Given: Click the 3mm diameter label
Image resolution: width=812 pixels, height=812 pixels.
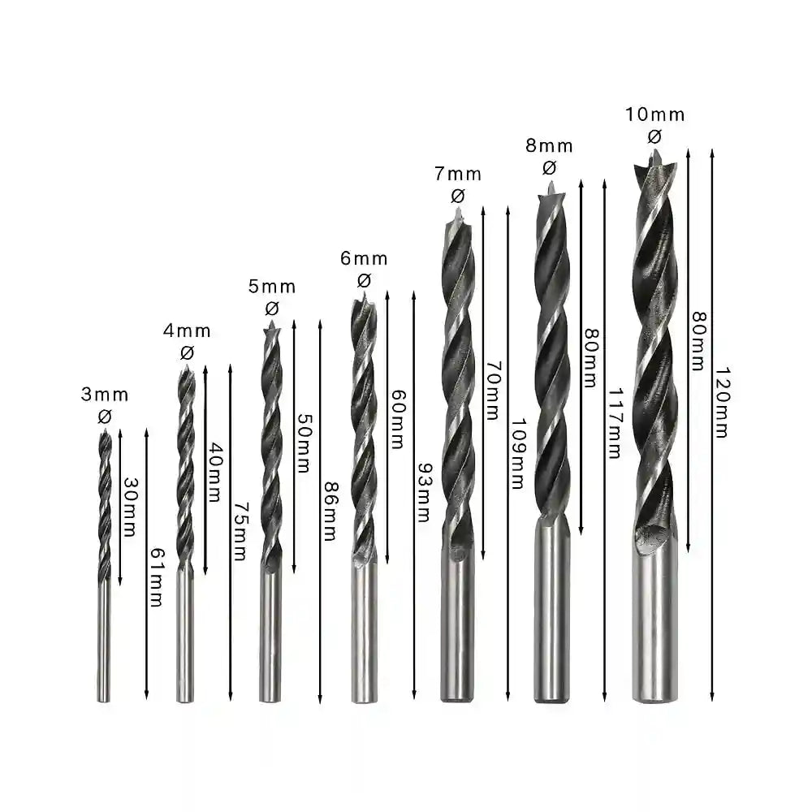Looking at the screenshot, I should (105, 395).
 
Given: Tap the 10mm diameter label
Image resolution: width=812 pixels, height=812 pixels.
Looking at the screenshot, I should (654, 114).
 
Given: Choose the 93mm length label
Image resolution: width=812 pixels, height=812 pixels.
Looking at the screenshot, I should (422, 492).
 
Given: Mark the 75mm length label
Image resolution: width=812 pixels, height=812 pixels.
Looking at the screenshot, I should (239, 531).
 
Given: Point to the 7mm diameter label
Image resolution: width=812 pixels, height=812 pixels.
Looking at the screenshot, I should (458, 174).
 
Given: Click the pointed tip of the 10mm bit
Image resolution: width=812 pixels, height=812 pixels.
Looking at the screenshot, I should (654, 153).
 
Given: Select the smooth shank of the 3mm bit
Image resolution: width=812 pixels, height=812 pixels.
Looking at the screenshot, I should (104, 641).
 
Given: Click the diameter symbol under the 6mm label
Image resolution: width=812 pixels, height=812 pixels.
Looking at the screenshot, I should (364, 280).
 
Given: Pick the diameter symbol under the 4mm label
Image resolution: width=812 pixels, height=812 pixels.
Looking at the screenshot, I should (187, 352).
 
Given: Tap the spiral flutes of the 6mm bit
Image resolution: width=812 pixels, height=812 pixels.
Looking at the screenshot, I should (364, 430).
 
